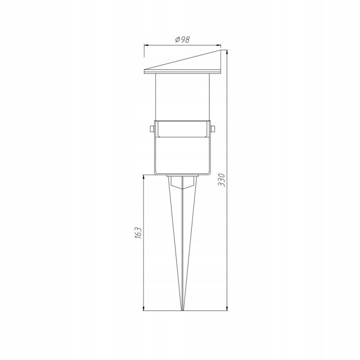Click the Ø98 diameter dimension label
point(182,40)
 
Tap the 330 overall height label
point(222,180)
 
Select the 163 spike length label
point(138,233)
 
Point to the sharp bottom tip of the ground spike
point(182,310)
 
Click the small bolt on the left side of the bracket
point(152,129)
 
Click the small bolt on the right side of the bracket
point(212,129)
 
